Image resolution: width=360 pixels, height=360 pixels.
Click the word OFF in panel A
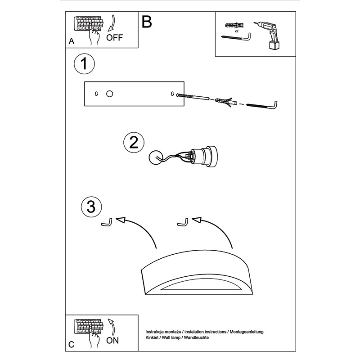coord(114,37)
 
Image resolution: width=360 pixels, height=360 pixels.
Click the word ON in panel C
coord(112,341)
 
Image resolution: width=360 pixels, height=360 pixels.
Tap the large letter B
coord(147,22)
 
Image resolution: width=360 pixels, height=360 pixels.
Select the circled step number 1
coord(84,64)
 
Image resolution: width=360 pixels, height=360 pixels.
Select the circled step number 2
coord(134,142)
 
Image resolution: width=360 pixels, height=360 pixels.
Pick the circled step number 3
coord(91,207)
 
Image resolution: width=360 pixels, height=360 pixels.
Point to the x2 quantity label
coord(237,31)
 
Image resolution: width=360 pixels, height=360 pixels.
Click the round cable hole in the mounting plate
coord(109,94)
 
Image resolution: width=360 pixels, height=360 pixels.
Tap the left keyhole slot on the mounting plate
coord(96,94)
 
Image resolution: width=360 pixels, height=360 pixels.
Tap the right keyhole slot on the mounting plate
coord(172,94)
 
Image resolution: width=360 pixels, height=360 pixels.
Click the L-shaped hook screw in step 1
coord(261,105)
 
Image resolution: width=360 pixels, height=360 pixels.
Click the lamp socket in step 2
coord(203,156)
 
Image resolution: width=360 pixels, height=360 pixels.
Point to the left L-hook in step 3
coord(107,222)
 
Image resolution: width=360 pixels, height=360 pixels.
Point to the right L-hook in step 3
coord(183,222)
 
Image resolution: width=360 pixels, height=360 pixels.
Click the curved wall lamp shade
coord(197,273)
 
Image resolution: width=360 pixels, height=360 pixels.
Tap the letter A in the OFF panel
coord(72,41)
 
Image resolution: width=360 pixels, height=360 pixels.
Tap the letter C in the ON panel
coord(72,345)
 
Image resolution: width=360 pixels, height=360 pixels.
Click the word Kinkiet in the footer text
coord(152,337)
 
